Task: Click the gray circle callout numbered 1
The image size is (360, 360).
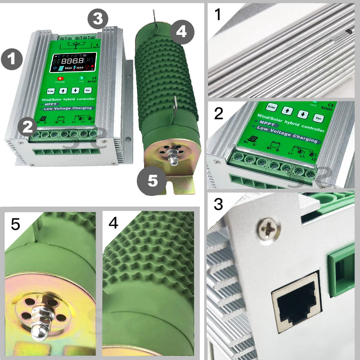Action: click(12, 59)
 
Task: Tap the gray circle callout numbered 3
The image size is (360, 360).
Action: click(98, 19)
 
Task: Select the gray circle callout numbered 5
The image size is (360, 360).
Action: click(152, 181)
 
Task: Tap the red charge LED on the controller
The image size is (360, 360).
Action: click(59, 78)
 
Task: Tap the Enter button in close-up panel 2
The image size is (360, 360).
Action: click(271, 107)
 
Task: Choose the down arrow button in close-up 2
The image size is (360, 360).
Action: click(303, 114)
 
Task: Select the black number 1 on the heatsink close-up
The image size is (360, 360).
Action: click(218, 14)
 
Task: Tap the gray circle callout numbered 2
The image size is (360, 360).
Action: click(27, 127)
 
